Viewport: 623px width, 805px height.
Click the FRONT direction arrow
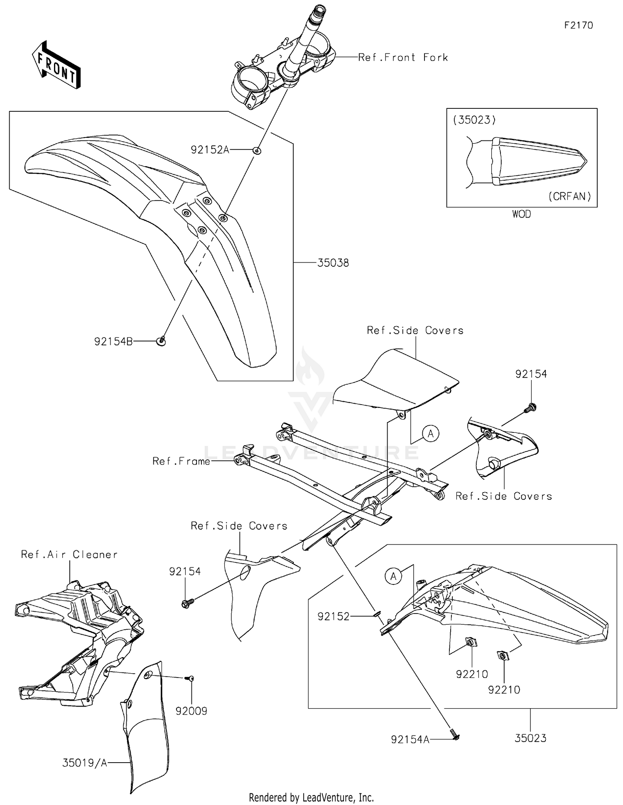[56, 66]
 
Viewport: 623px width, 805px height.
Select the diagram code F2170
[579, 25]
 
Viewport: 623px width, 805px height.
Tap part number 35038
[333, 263]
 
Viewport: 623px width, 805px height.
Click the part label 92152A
[210, 150]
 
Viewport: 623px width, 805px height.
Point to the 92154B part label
[113, 341]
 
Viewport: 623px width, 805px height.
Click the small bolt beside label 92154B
[162, 341]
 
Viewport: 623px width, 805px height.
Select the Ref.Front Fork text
[403, 57]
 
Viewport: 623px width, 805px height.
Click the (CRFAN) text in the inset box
[569, 196]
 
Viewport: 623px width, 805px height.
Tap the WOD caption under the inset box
[521, 214]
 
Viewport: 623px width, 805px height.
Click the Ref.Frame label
[181, 461]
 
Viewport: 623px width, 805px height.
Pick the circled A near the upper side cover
[430, 434]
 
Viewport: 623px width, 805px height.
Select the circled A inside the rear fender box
[393, 576]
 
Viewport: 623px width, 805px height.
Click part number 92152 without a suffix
[334, 617]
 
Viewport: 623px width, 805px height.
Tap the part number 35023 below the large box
[530, 738]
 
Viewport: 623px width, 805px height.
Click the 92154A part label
[410, 739]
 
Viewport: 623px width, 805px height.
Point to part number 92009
[191, 711]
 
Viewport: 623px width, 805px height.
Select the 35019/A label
[85, 763]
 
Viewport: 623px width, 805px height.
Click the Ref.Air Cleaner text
[69, 555]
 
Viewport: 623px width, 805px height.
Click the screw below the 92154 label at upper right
[530, 408]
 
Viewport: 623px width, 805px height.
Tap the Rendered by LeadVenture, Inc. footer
[311, 797]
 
